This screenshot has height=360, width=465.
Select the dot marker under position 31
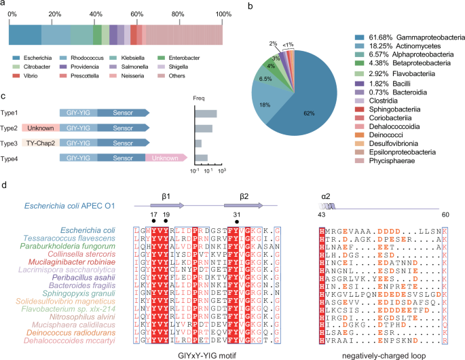click(236, 219)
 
